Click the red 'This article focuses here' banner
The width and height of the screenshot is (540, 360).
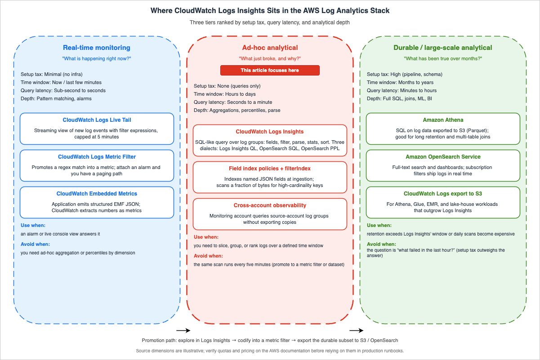tap(270, 70)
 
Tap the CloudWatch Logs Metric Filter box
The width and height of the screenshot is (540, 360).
tap(97, 164)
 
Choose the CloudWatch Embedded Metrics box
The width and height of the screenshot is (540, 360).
tap(97, 202)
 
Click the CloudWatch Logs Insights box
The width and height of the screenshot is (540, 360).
tap(270, 140)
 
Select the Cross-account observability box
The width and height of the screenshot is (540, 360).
tap(270, 214)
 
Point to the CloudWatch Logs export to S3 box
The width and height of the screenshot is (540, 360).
tap(443, 202)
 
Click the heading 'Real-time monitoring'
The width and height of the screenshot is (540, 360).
tap(97, 48)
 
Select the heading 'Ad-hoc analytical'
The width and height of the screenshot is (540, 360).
tap(270, 48)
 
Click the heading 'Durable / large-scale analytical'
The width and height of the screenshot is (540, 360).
tap(443, 48)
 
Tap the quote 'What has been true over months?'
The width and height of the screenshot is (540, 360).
tap(443, 58)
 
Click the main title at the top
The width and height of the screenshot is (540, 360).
tap(270, 11)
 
